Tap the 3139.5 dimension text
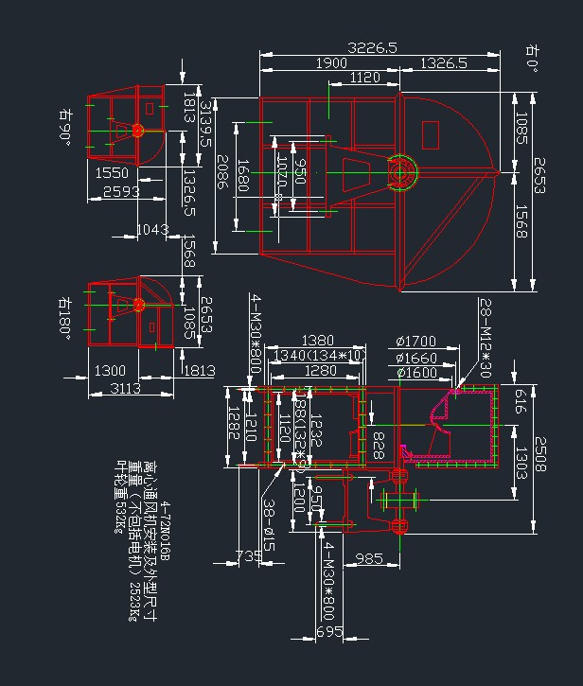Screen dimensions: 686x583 (204, 125)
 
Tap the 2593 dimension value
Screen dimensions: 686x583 (121, 191)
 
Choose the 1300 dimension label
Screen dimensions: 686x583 (110, 370)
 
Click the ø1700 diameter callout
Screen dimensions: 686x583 (416, 342)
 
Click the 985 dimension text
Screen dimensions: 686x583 (369, 559)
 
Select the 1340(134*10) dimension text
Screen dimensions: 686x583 (318, 355)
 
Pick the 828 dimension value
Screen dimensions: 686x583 (378, 443)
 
